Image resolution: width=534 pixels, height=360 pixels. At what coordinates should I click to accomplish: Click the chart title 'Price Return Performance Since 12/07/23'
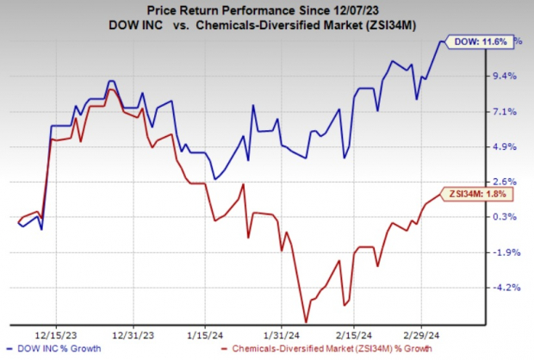click(267, 9)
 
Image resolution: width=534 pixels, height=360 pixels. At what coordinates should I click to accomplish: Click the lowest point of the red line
click(305, 321)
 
